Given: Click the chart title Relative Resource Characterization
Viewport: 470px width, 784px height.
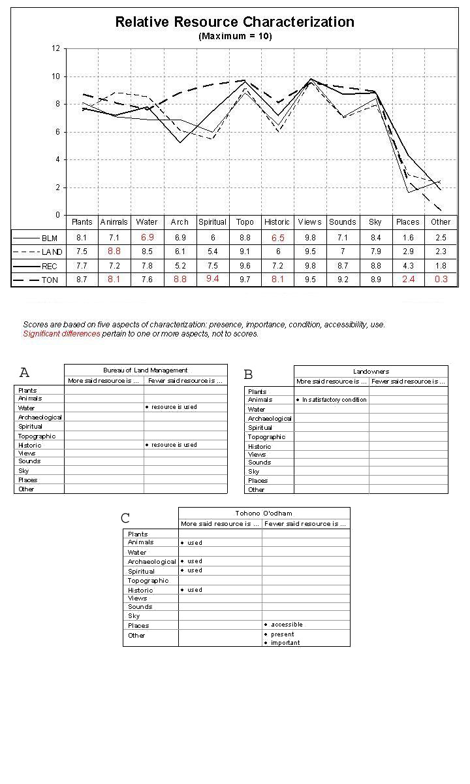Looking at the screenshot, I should (234, 22).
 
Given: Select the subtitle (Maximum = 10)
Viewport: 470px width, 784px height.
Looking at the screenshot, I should (235, 37).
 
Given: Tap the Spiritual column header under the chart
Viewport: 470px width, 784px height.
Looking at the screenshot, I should (212, 222).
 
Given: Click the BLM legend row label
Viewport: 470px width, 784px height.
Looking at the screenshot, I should (50, 238).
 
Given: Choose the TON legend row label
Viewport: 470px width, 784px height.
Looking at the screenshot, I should (50, 280).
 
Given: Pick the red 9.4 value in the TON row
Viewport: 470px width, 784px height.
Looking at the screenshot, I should (212, 280).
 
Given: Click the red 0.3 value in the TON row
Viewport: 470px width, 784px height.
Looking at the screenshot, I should (441, 280).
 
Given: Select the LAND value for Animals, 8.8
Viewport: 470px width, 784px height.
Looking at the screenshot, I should (114, 252).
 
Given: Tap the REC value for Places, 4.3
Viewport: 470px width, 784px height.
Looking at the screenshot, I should (408, 266).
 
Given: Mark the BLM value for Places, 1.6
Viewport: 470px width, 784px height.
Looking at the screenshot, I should (408, 238).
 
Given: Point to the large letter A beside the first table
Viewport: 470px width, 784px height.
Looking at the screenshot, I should (25, 373).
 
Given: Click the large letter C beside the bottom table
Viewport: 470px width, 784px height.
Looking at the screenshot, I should (125, 518).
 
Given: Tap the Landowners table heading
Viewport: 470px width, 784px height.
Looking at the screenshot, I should (371, 371).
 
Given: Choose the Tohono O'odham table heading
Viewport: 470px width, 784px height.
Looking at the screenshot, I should (264, 514).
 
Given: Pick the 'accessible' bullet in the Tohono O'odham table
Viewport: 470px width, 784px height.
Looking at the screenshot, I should (287, 625).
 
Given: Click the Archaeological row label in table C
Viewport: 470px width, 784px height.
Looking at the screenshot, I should (151, 562).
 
